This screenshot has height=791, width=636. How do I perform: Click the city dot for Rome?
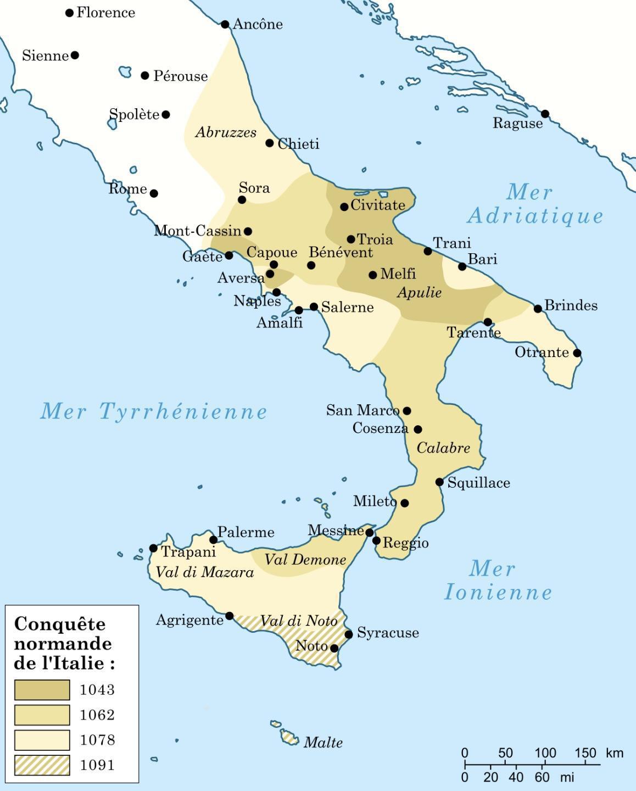[154, 193]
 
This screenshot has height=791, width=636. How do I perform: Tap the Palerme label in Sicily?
[246, 532]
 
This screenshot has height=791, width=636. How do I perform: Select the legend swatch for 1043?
[42, 690]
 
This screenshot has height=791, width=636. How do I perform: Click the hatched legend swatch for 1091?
[42, 765]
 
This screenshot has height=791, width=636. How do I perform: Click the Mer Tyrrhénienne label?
[153, 411]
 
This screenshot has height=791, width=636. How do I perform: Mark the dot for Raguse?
[545, 114]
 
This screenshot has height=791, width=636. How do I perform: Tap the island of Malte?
[289, 736]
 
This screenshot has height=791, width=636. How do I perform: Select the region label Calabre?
[443, 448]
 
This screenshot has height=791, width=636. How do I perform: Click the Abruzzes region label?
[226, 132]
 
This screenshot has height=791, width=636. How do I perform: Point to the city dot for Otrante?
[577, 353]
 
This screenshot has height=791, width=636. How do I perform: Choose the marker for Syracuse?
[349, 634]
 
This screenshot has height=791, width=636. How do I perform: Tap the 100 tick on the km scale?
[544, 764]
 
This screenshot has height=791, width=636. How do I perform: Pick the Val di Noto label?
[298, 621]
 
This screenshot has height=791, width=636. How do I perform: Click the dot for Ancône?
[225, 24]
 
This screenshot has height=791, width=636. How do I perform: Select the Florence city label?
[105, 13]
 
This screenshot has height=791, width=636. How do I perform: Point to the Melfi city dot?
[373, 275]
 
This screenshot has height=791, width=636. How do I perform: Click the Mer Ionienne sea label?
[497, 581]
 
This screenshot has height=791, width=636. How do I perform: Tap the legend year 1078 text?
[97, 740]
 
